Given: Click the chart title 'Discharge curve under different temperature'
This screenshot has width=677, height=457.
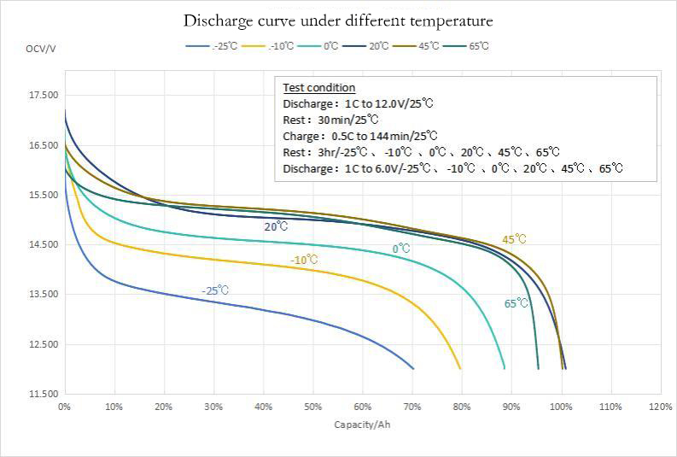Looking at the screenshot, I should (x=338, y=20).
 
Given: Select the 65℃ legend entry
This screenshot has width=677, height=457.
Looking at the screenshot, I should (x=478, y=46).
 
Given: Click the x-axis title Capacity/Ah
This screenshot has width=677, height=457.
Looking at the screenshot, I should (x=363, y=425).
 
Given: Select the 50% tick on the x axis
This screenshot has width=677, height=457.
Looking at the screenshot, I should (x=313, y=407).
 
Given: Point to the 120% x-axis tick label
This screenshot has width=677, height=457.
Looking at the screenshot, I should (x=661, y=407).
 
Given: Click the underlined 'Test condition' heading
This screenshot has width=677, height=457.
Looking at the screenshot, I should (x=319, y=88).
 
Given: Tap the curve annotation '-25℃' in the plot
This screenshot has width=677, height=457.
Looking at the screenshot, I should (x=215, y=290).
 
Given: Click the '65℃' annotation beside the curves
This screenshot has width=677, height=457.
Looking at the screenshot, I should (x=516, y=303).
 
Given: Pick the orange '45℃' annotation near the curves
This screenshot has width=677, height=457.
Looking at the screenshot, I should (x=514, y=240).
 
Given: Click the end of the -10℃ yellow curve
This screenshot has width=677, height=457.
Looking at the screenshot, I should (x=460, y=368).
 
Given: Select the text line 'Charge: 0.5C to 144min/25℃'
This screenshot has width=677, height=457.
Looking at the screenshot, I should (x=360, y=136).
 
